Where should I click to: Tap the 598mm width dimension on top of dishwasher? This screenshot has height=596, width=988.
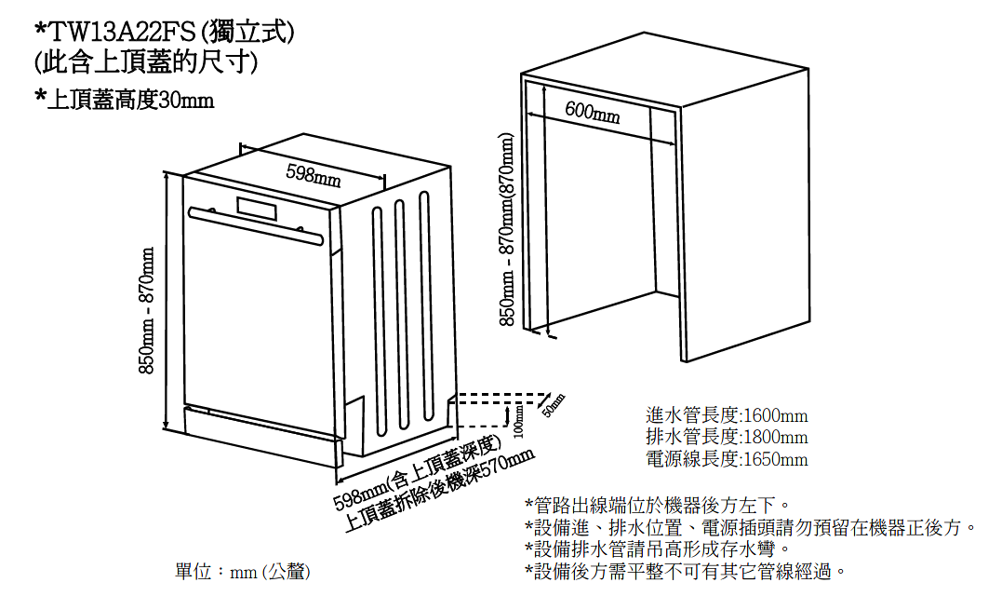pyautogui.click(x=314, y=175)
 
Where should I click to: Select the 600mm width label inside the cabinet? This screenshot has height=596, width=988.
pyautogui.click(x=593, y=112)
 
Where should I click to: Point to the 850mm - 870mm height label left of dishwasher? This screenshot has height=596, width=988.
pyautogui.click(x=146, y=310)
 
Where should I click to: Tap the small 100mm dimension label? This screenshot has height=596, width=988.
pyautogui.click(x=518, y=421)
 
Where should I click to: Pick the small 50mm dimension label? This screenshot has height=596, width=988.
pyautogui.click(x=554, y=405)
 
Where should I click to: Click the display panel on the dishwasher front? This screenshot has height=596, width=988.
pyautogui.click(x=257, y=210)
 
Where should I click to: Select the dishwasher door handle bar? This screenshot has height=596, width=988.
pyautogui.click(x=256, y=225)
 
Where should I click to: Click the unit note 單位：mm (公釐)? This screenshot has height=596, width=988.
pyautogui.click(x=243, y=572)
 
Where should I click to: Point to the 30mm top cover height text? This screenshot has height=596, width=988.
pyautogui.click(x=186, y=100)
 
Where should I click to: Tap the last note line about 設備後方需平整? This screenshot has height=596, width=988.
pyautogui.click(x=686, y=572)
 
